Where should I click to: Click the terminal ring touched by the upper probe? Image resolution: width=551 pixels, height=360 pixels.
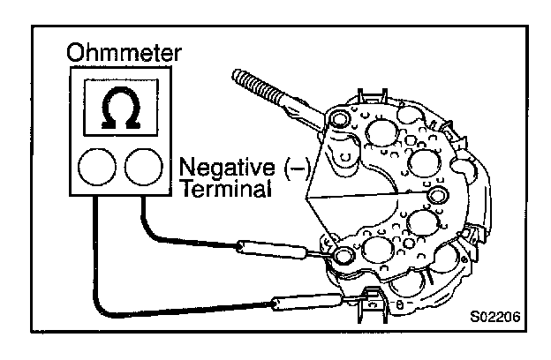pyautogui.click(x=343, y=257)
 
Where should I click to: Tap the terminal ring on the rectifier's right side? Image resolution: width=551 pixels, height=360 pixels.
pyautogui.click(x=437, y=193)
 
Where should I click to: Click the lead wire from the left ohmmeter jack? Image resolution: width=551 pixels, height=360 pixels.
pyautogui.click(x=97, y=265)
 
